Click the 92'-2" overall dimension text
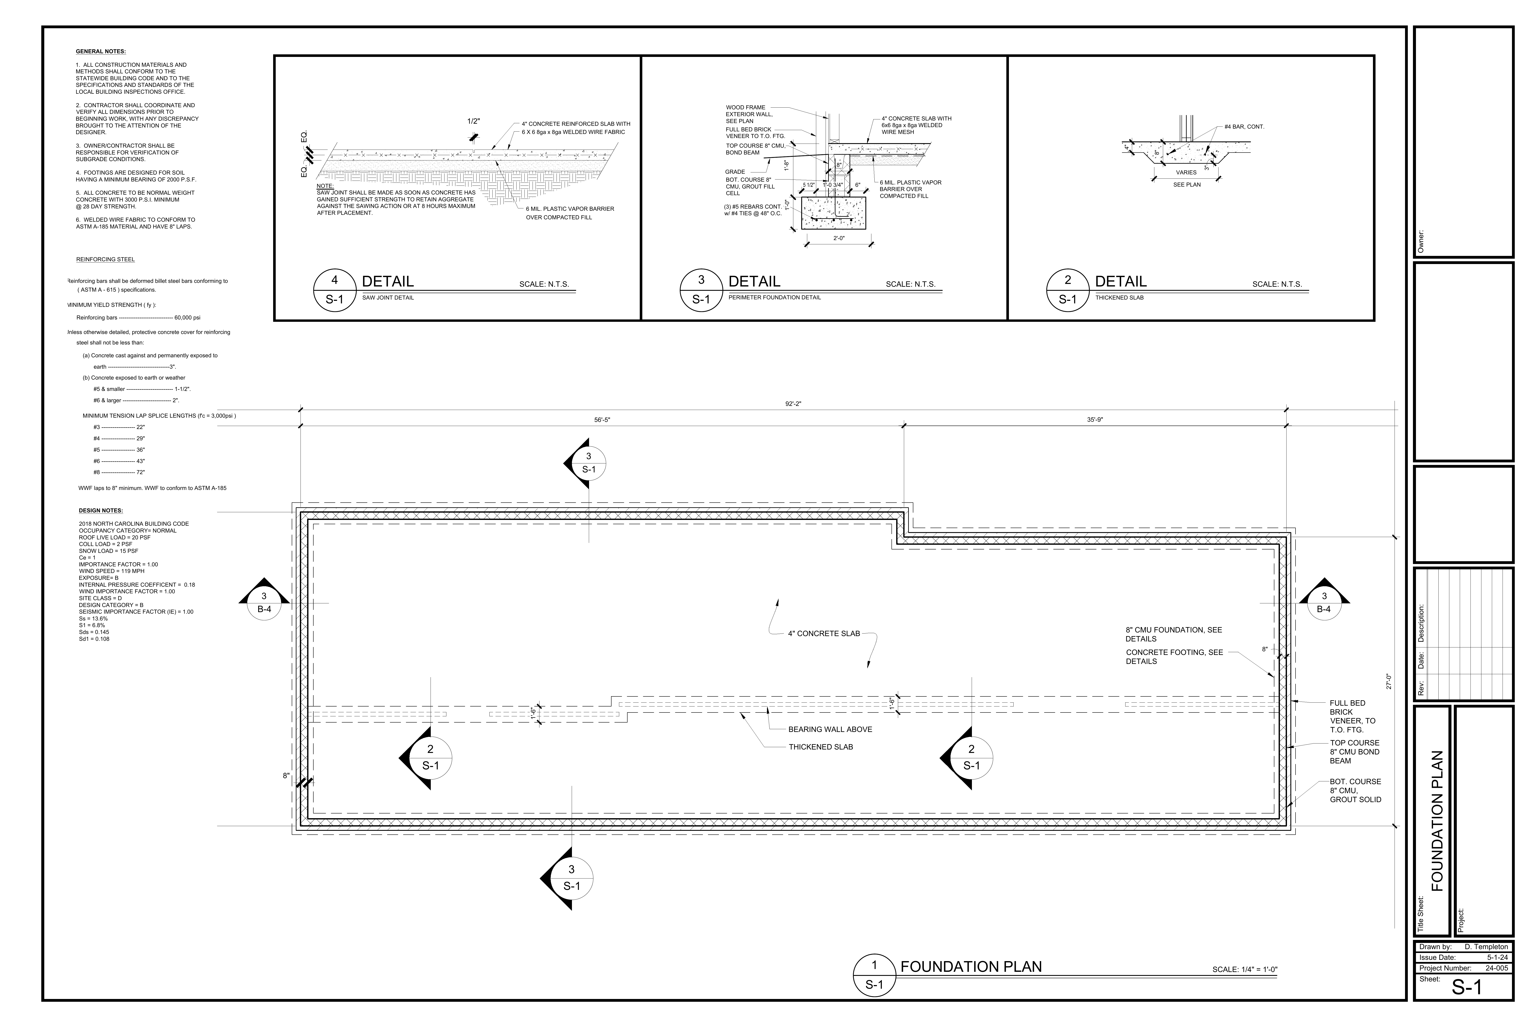pos(793,404)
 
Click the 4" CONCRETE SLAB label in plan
pos(824,633)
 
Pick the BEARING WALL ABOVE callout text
pos(830,729)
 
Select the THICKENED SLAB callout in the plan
pos(820,747)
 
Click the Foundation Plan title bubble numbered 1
pos(874,975)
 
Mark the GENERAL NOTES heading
pos(101,51)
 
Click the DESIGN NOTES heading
pos(101,510)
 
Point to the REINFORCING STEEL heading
pos(105,259)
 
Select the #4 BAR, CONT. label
pos(1244,126)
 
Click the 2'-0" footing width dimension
pos(839,238)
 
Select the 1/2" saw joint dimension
pos(473,121)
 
